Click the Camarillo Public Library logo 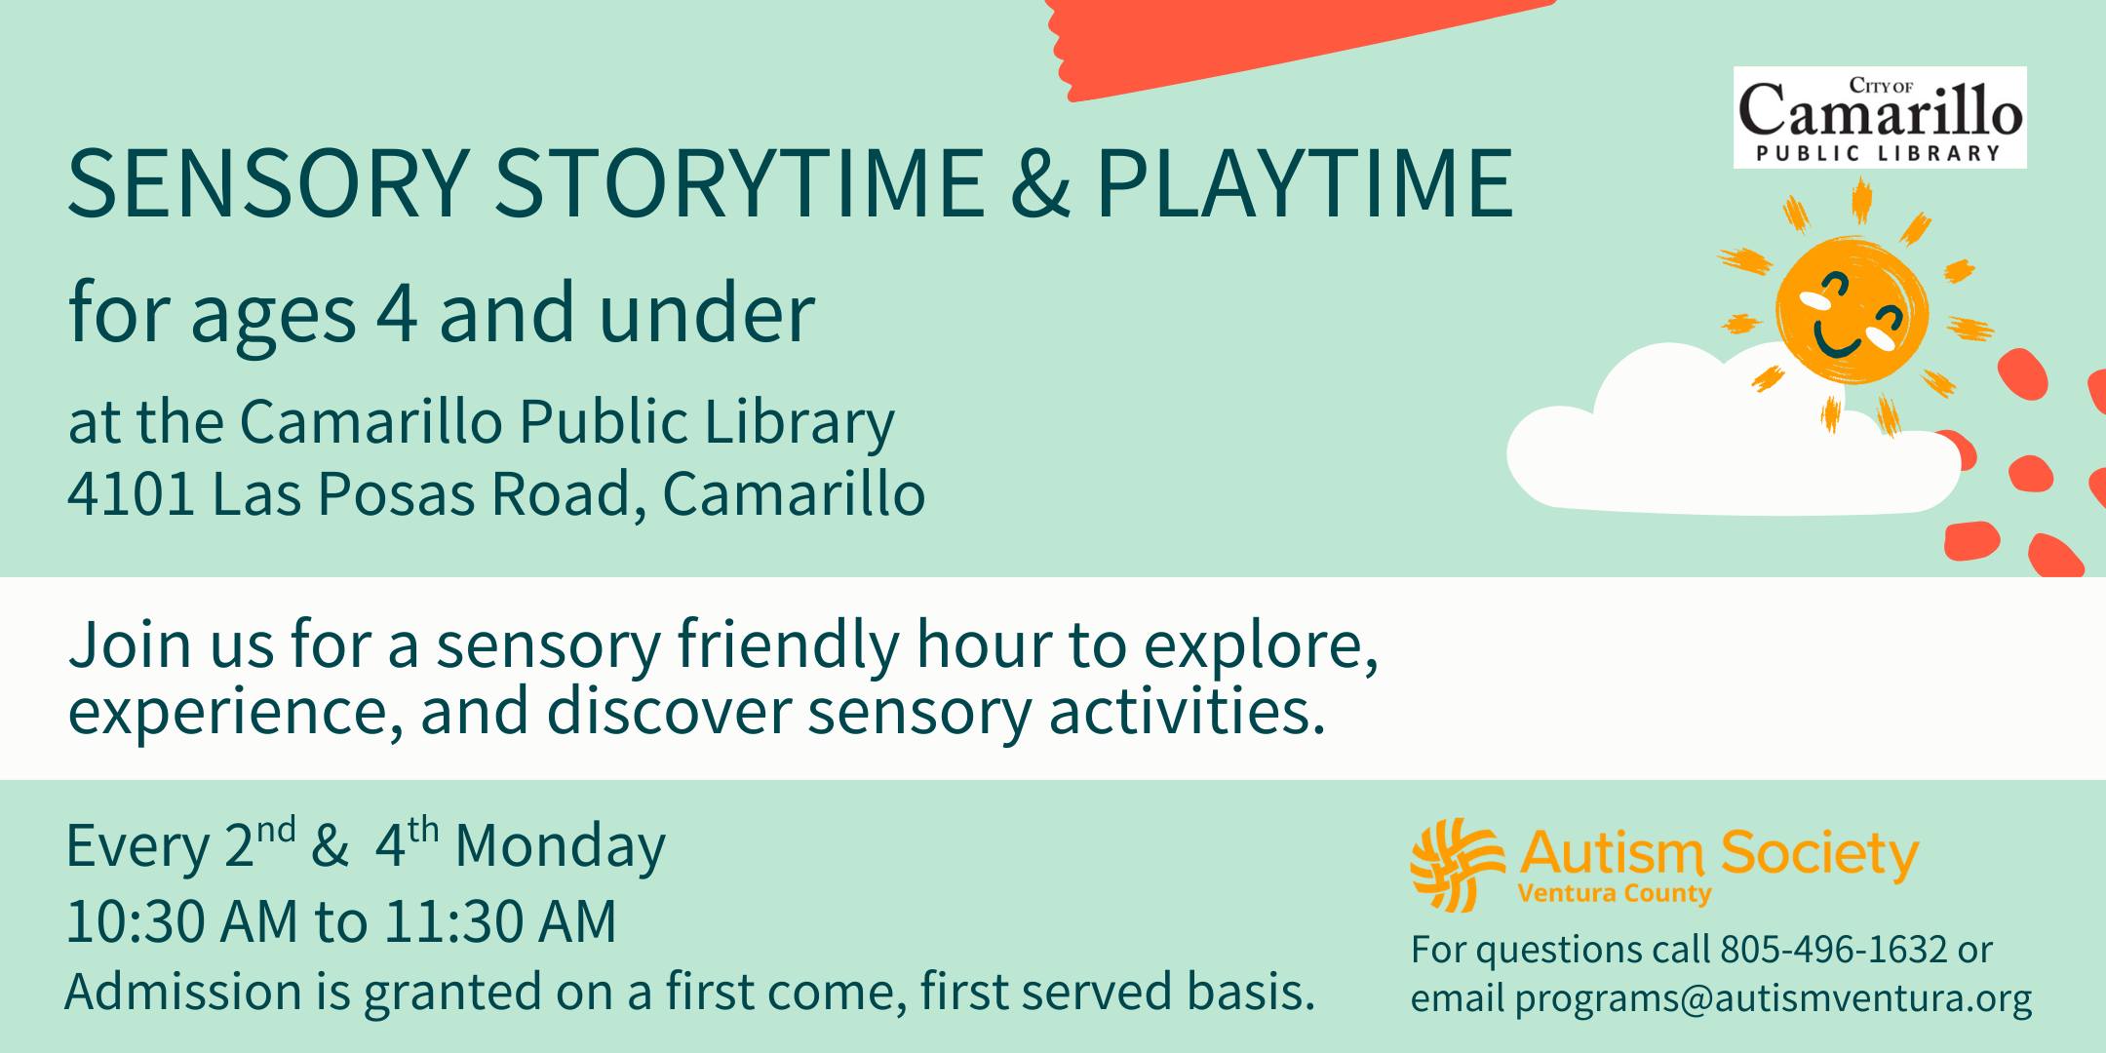coord(1880,117)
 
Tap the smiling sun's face coord(1851,309)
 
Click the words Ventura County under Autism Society coord(1614,893)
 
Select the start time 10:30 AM coord(181,921)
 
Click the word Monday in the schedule coord(560,846)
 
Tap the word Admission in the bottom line coord(183,993)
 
